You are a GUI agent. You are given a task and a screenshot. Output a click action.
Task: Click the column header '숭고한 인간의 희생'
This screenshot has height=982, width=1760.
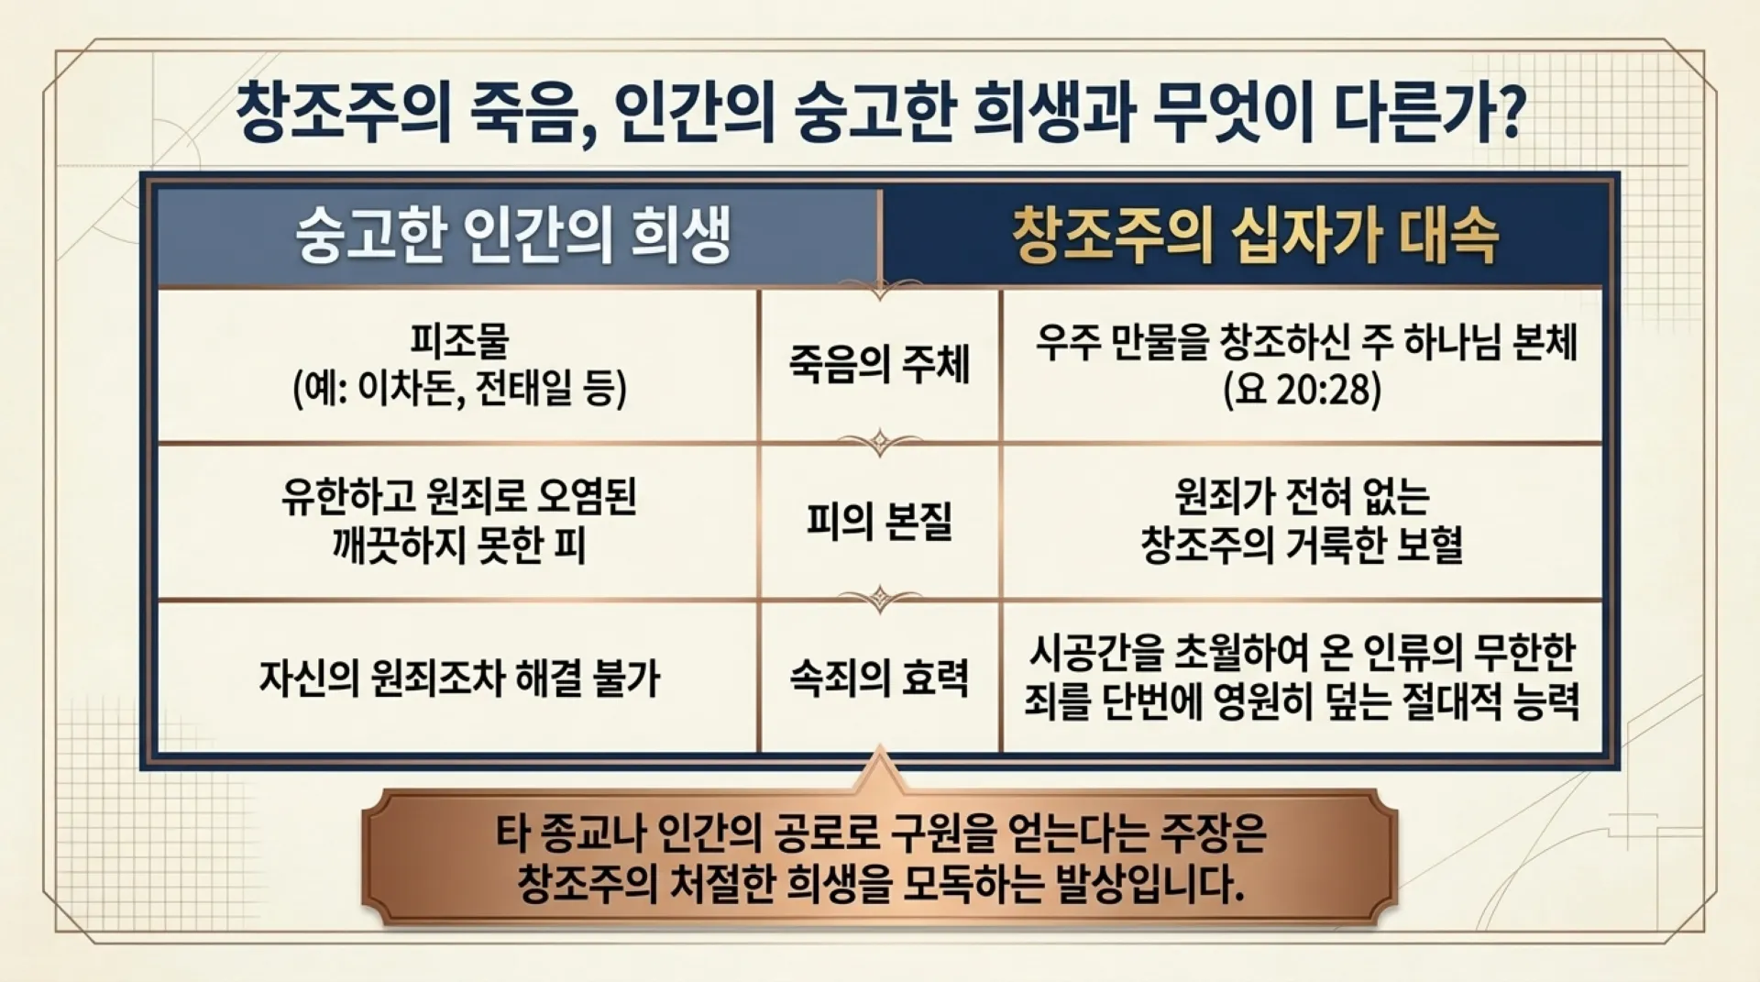(x=513, y=236)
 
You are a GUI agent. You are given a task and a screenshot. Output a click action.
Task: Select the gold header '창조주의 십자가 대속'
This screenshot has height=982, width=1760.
(x=1255, y=236)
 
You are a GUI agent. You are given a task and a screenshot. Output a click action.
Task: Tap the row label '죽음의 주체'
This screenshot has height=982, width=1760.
(x=879, y=364)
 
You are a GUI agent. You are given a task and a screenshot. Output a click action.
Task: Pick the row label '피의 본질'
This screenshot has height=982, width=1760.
(x=879, y=521)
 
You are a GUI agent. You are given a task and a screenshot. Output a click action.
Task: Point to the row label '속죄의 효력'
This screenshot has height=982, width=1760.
(x=879, y=678)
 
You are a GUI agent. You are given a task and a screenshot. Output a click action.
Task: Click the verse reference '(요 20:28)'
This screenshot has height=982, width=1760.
(x=1302, y=389)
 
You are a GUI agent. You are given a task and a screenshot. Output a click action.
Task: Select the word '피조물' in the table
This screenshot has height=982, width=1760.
(x=459, y=340)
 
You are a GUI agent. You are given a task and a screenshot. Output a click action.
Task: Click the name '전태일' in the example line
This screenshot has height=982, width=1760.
(x=526, y=389)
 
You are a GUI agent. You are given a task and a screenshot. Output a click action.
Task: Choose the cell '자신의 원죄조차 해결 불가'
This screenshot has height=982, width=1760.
(x=459, y=679)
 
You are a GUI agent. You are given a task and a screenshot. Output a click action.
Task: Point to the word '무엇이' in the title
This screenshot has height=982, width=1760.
(x=1233, y=112)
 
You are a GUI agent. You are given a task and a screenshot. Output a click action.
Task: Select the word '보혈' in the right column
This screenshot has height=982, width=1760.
(x=1429, y=545)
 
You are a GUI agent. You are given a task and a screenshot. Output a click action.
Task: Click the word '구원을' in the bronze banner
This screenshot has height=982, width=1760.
(x=944, y=833)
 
